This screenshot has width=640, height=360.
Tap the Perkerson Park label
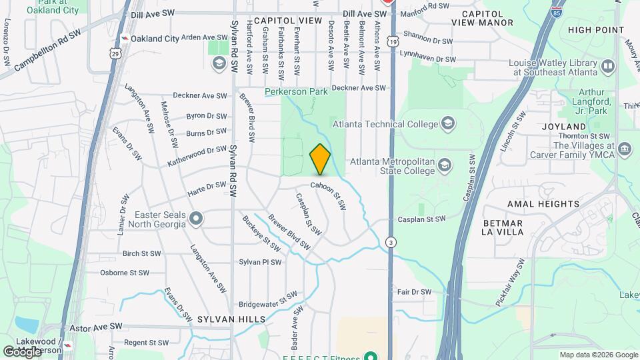pos(296,91)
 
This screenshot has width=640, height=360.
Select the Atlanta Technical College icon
pos(448,124)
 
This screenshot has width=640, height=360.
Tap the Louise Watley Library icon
pos(607,66)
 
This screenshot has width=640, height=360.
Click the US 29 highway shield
pos(117,53)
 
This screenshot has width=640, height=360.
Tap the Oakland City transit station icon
pos(123,39)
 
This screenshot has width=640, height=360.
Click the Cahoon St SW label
pos(329,195)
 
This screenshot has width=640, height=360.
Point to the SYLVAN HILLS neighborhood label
pos(223,320)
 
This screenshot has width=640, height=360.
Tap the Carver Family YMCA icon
pos(624,148)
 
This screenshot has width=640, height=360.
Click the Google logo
pos(22,351)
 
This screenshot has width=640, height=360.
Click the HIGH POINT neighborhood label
pos(596,30)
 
